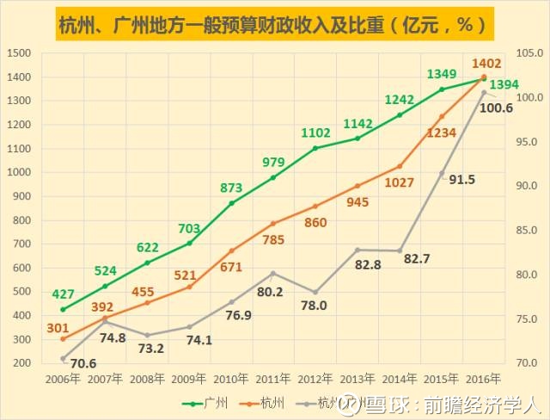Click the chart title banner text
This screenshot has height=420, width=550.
(275, 25)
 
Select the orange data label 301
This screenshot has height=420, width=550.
(57, 327)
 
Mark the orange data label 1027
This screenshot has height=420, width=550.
(400, 182)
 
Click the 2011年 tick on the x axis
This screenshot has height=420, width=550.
(273, 379)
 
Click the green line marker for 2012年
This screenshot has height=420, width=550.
(315, 148)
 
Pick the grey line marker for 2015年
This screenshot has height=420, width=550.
(442, 174)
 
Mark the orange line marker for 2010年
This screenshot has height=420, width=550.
(231, 250)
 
